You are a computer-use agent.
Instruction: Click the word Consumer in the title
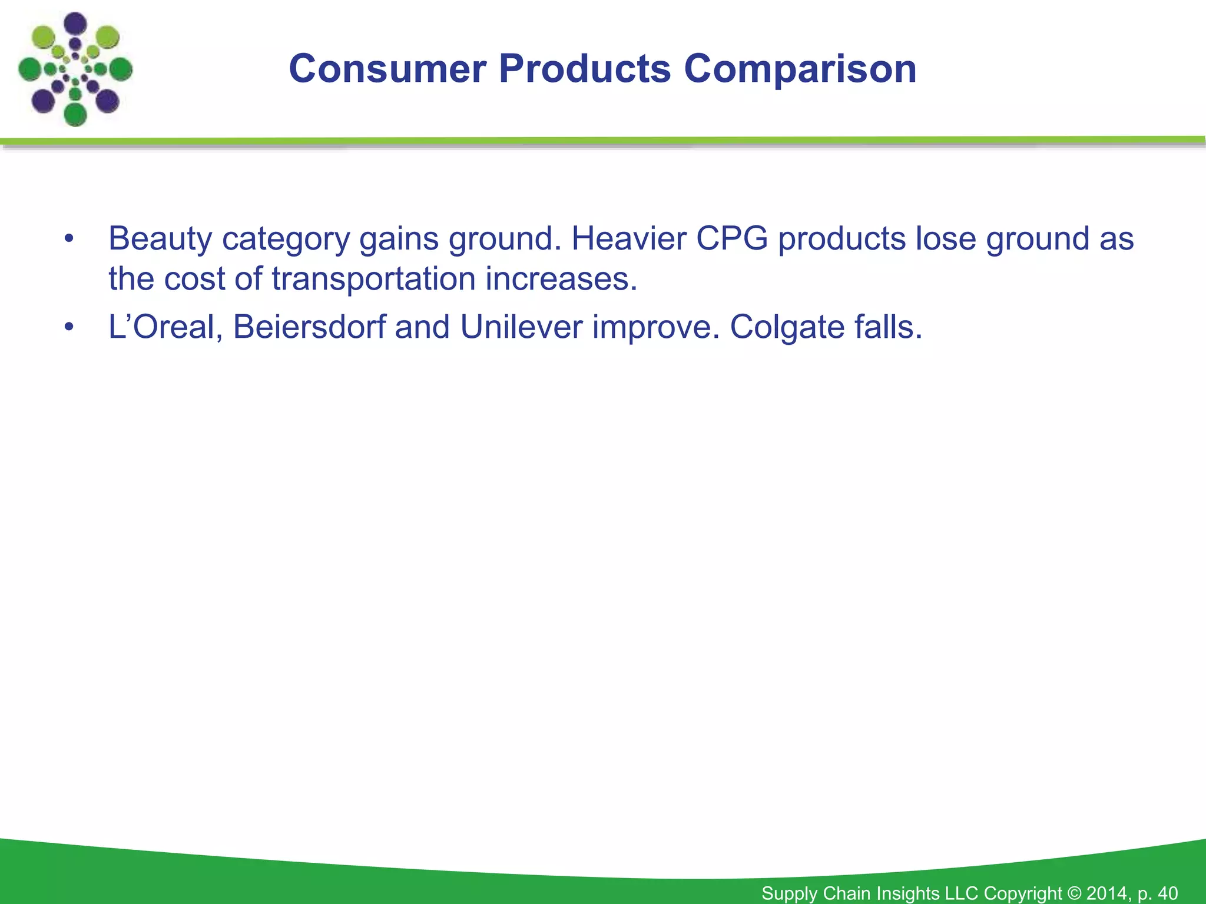387,69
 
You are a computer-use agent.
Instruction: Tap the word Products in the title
584,69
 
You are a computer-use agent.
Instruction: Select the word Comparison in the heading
800,69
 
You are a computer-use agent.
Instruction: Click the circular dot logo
75,69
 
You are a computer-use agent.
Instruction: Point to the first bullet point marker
69,239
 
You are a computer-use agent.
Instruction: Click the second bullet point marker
69,327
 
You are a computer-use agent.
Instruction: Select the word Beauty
160,239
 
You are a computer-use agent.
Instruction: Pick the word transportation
373,278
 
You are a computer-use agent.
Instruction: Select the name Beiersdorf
309,327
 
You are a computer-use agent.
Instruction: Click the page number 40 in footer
1167,893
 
